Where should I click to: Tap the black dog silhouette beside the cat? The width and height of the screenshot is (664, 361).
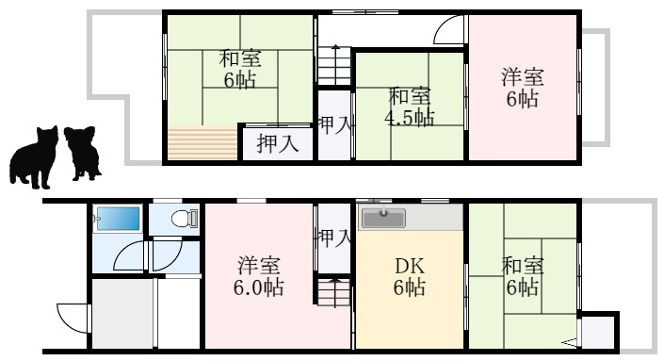(x=83, y=152)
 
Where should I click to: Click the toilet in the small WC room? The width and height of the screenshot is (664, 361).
(x=183, y=220)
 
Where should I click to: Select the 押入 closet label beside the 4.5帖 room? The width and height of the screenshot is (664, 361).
(x=334, y=123)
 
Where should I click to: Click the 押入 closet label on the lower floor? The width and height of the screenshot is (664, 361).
(x=334, y=236)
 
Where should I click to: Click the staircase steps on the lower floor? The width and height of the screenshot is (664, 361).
(x=333, y=293)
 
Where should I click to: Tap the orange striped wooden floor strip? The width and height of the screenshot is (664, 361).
(x=202, y=143)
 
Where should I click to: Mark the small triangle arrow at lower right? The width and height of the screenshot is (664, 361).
(x=571, y=341)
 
